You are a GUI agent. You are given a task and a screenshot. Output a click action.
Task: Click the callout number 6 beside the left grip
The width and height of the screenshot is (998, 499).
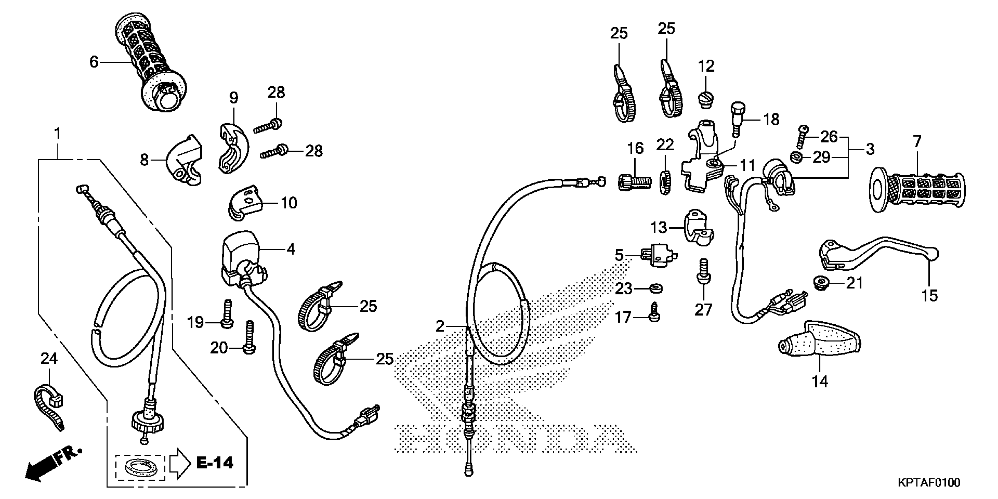94,62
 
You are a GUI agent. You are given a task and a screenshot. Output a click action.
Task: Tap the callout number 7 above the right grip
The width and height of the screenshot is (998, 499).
917,142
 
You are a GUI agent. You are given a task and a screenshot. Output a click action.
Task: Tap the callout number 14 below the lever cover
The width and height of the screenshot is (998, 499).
820,382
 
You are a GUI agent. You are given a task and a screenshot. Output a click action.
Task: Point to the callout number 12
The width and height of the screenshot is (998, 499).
706,66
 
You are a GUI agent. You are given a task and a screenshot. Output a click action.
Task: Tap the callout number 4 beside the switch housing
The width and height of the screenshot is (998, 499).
291,249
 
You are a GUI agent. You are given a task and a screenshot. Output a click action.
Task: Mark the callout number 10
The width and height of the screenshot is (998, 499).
289,203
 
